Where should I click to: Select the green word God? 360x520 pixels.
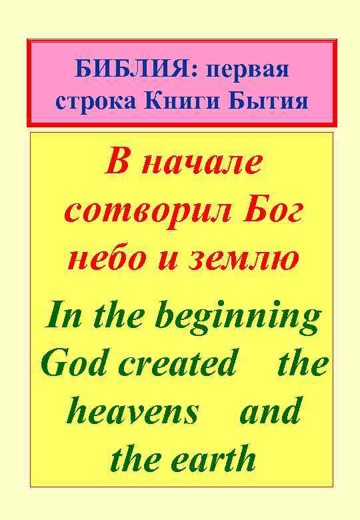coord(69,363)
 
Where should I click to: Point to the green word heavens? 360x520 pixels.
coord(133,411)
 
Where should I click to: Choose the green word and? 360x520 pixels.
coord(269,411)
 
